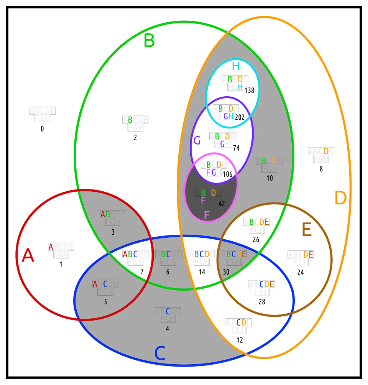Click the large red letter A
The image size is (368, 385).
point(28,255)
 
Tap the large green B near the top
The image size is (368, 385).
point(149,41)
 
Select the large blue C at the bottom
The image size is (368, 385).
point(160,353)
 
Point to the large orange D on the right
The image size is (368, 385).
point(340,198)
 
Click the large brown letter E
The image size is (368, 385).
point(306,230)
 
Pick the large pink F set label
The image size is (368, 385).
point(207,216)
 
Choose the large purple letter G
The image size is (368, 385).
point(197,141)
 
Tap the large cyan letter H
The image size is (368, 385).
point(235,66)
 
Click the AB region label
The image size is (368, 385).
point(105,215)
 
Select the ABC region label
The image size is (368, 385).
point(130,254)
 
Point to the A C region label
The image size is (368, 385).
point(100,284)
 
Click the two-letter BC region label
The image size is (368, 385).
point(166,254)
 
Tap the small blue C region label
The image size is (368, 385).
point(168,311)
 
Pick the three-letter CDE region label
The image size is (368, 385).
point(267,284)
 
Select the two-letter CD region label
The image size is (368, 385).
point(242,322)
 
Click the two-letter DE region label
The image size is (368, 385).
point(308,254)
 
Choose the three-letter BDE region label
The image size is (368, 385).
point(259,222)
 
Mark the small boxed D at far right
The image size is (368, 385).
point(326,151)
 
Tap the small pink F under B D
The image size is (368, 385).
point(203,201)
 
